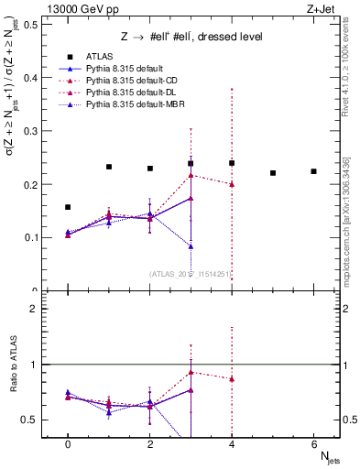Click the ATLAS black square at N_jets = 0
tap(68, 207)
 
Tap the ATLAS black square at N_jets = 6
tap(313, 171)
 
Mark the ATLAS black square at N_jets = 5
tap(273, 173)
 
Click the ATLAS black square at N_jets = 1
tap(109, 167)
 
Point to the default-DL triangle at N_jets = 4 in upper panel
tap(232, 184)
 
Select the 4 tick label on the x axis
tap(232, 444)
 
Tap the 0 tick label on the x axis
tap(68, 444)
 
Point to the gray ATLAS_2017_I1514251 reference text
tap(188, 273)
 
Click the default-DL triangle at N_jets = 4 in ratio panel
tap(232, 379)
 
